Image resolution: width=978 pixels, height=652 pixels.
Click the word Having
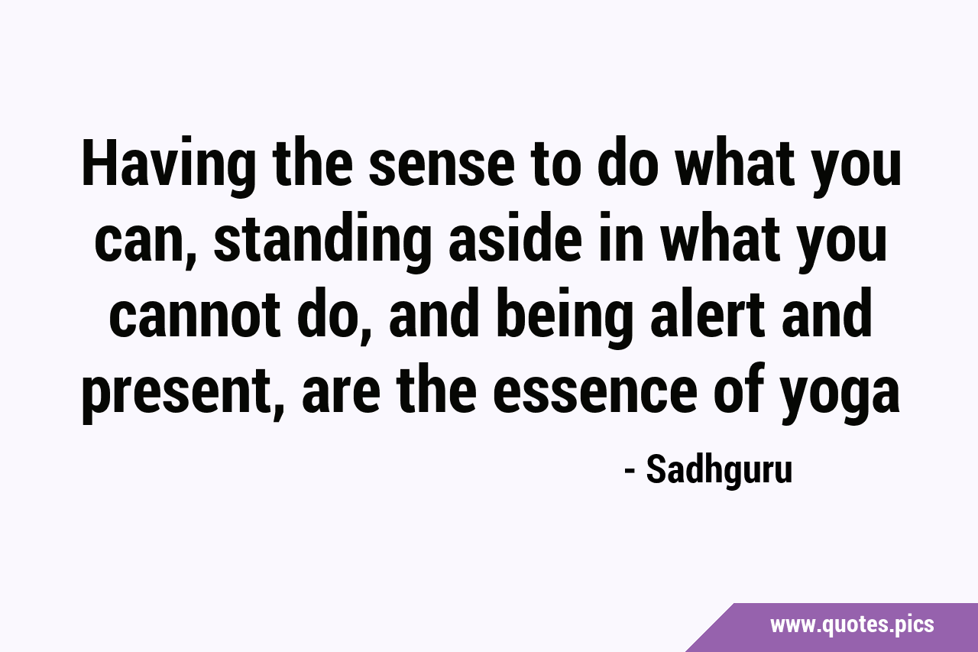point(169,168)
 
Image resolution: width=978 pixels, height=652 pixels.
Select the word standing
point(322,242)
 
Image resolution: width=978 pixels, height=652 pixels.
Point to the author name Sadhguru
point(719,471)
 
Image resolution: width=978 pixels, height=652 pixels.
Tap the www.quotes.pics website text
point(852,625)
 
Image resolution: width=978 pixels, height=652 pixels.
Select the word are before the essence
point(341,393)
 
